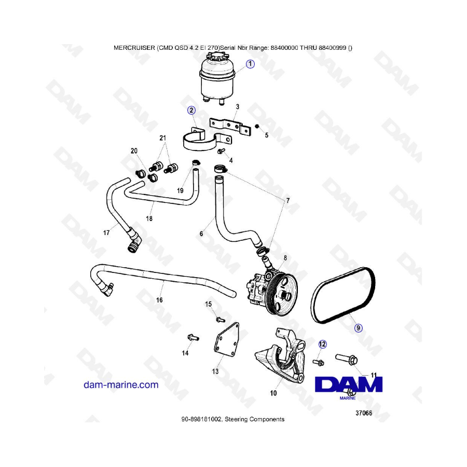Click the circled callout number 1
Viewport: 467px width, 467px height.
tap(250, 64)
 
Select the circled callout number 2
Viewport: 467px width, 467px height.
tap(191, 110)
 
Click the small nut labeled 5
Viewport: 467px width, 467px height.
tap(257, 127)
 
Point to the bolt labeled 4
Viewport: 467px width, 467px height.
tap(221, 151)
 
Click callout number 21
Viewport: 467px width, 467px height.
tap(162, 138)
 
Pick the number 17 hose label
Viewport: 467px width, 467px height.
tap(106, 232)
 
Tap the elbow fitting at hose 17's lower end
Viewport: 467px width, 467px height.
tap(134, 242)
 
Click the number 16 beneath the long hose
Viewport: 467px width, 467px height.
tap(159, 300)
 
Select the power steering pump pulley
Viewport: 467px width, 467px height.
tap(281, 293)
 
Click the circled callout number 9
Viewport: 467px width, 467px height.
tap(358, 328)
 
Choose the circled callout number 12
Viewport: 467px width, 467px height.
tap(323, 345)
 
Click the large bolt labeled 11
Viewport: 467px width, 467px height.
tap(346, 359)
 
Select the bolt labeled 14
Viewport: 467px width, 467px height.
tap(193, 338)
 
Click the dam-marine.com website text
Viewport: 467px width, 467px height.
tap(121, 384)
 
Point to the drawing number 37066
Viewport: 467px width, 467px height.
tap(364, 413)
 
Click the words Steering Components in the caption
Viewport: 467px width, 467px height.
tap(254, 419)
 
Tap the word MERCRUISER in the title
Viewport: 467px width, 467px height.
tap(134, 48)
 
